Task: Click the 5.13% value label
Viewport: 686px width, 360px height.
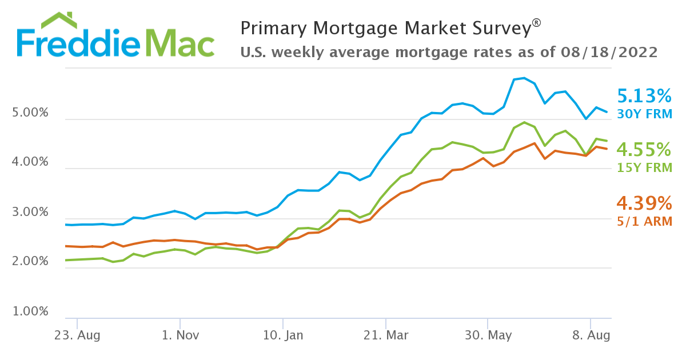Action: coord(644,95)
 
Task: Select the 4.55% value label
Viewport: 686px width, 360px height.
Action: coord(644,150)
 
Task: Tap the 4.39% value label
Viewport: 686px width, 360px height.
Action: coord(644,203)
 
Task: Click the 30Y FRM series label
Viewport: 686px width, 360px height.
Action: coord(644,114)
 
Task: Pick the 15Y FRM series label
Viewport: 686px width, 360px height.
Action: coord(644,168)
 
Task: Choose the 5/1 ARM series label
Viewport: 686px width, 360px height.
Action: coord(644,221)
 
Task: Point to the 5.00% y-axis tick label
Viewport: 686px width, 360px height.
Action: coord(30,113)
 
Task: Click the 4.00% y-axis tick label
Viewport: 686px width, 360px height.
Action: coord(30,162)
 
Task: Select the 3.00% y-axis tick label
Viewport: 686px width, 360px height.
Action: coord(30,213)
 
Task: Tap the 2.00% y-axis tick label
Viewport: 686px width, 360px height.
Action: coord(30,262)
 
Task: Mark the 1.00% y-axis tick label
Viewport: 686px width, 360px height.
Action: coord(30,312)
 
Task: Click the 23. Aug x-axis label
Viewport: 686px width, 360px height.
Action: coord(77,335)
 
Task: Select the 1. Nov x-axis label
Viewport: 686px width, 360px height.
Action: coord(180,335)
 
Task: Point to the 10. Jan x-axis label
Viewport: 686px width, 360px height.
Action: coord(283,335)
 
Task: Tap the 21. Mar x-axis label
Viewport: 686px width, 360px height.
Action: coord(386,335)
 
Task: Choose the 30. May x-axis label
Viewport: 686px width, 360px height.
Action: coord(488,335)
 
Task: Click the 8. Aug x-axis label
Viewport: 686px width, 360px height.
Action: coord(591,335)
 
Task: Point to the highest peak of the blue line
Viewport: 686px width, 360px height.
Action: coord(524,78)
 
